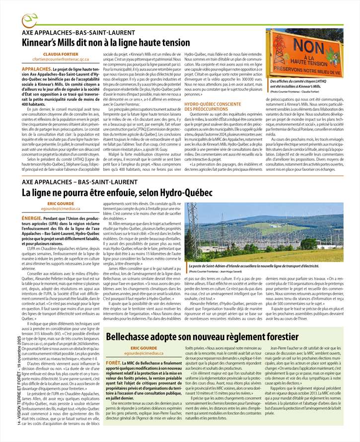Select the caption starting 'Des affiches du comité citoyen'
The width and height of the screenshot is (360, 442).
click(302, 83)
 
